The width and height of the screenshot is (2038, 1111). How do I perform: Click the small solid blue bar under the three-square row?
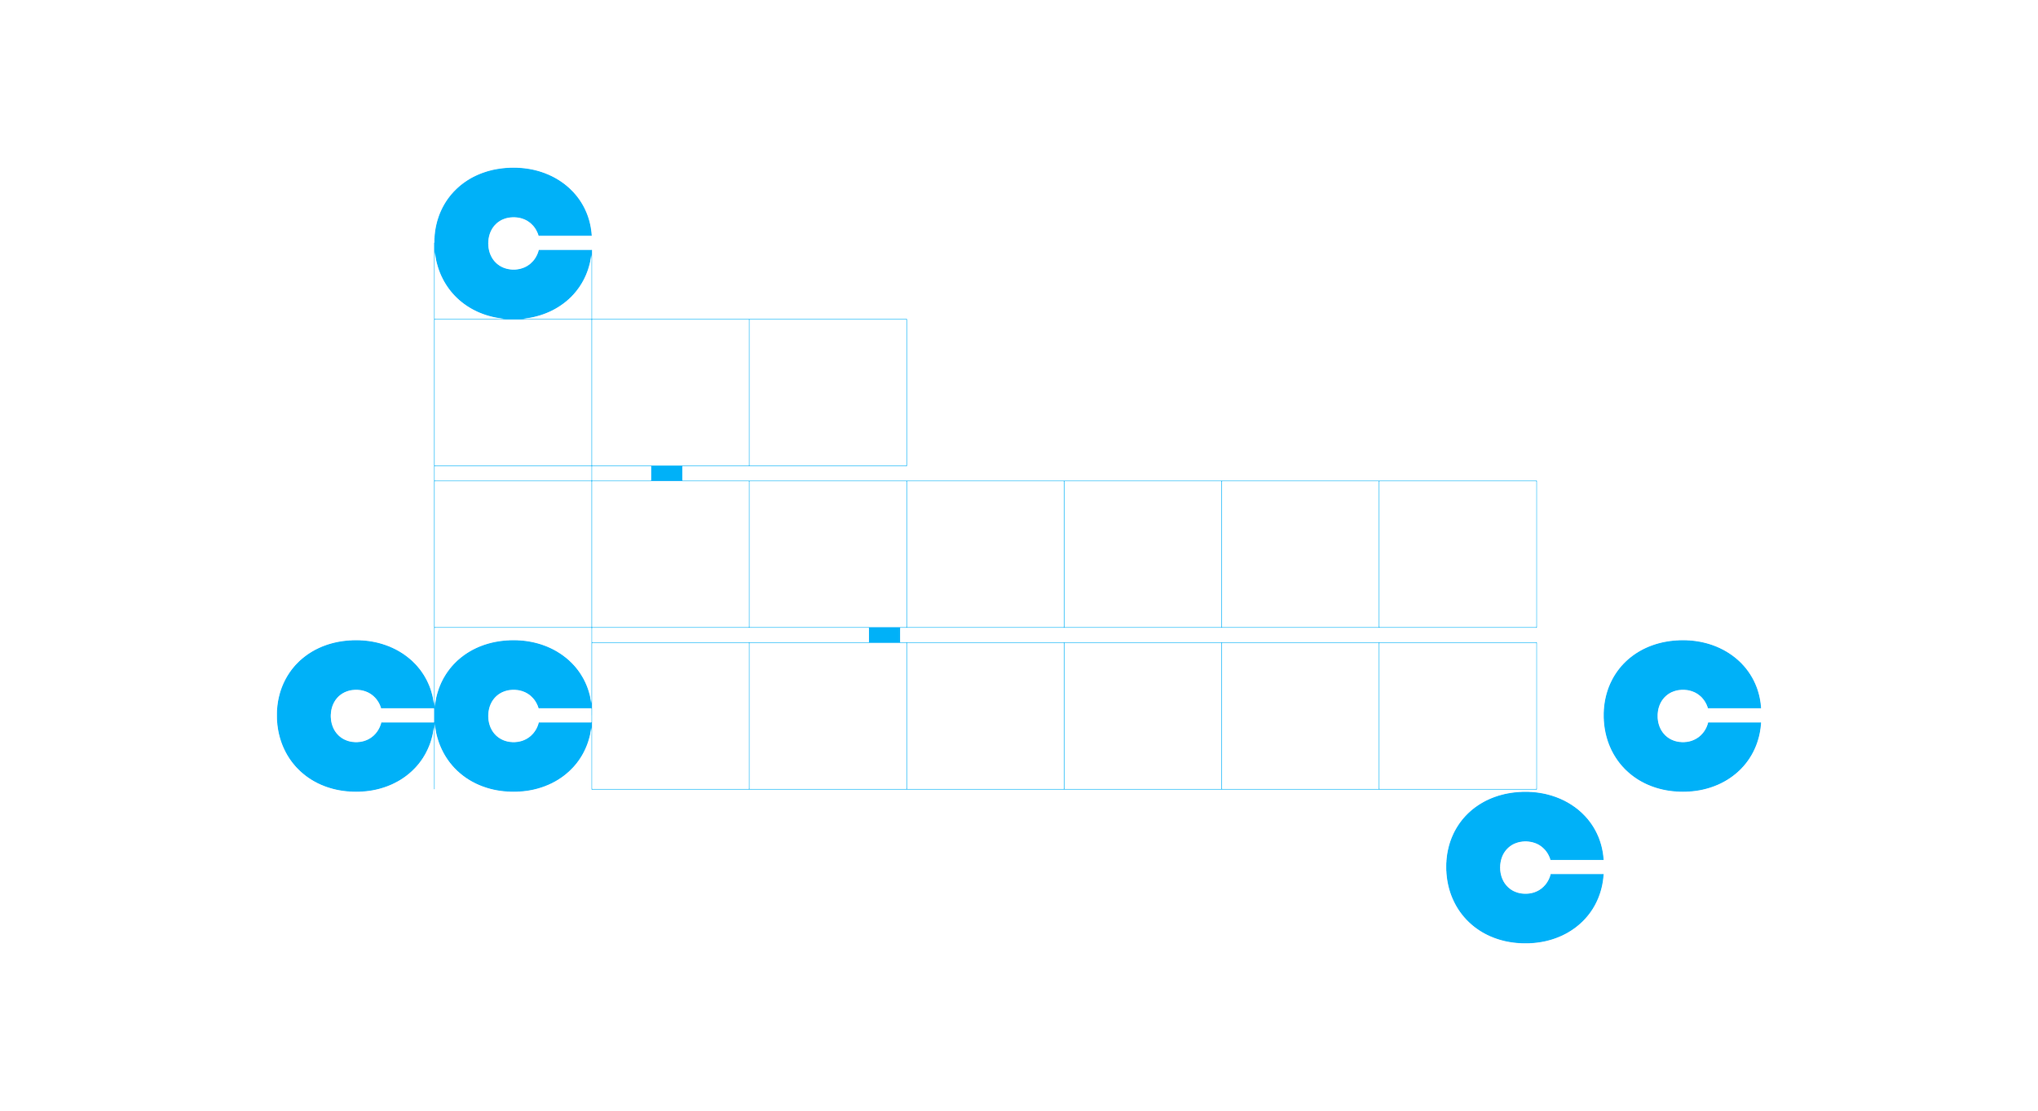[x=667, y=474]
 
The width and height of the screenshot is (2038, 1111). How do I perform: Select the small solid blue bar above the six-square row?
[x=884, y=635]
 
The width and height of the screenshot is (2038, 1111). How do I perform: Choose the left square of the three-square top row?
[x=514, y=392]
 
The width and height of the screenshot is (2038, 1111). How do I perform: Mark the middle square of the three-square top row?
[x=670, y=392]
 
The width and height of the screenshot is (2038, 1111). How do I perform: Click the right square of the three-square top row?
[x=827, y=392]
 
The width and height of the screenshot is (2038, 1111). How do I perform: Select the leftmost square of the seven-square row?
[x=514, y=554]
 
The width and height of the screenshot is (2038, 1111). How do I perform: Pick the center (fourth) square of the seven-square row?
[x=985, y=554]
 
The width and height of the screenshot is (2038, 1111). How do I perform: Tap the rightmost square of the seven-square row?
[x=1458, y=554]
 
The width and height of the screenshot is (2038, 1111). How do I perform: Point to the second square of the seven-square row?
[x=670, y=554]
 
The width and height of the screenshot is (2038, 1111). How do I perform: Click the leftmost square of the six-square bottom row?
[x=670, y=716]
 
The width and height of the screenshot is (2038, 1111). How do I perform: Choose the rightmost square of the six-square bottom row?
[x=1458, y=716]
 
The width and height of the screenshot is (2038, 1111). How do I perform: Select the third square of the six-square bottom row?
[x=985, y=716]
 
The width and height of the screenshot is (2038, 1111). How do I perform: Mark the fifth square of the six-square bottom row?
[x=1300, y=716]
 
